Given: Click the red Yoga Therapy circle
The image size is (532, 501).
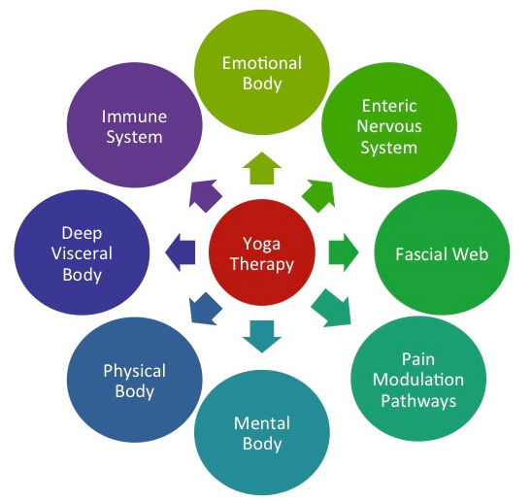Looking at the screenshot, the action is point(262,252).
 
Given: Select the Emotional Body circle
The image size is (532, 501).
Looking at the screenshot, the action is point(262,72).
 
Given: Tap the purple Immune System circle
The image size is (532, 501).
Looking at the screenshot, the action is point(135,125).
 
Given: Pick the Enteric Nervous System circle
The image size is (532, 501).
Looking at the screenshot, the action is point(389,125).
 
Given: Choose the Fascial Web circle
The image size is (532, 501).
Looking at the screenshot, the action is point(442,252).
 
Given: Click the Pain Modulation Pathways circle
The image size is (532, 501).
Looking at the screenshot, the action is point(418,379).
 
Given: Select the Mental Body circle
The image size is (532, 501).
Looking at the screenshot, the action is point(262,432).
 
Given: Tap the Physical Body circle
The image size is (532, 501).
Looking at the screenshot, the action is point(135,380).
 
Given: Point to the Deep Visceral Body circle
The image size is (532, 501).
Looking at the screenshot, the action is point(82,252).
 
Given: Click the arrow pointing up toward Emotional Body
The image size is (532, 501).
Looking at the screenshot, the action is point(262,169).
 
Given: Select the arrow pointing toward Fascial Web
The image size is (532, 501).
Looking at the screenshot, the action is point(343,252).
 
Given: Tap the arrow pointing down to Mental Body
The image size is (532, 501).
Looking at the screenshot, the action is point(262,336).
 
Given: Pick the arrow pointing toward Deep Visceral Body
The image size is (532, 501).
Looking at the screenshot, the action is point(181,252).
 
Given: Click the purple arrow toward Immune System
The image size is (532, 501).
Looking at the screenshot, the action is point(205,195).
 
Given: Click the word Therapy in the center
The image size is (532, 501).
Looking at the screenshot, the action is point(262,265).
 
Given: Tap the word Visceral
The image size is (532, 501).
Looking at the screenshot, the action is point(82,253).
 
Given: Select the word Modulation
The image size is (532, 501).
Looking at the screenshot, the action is point(418,380).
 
